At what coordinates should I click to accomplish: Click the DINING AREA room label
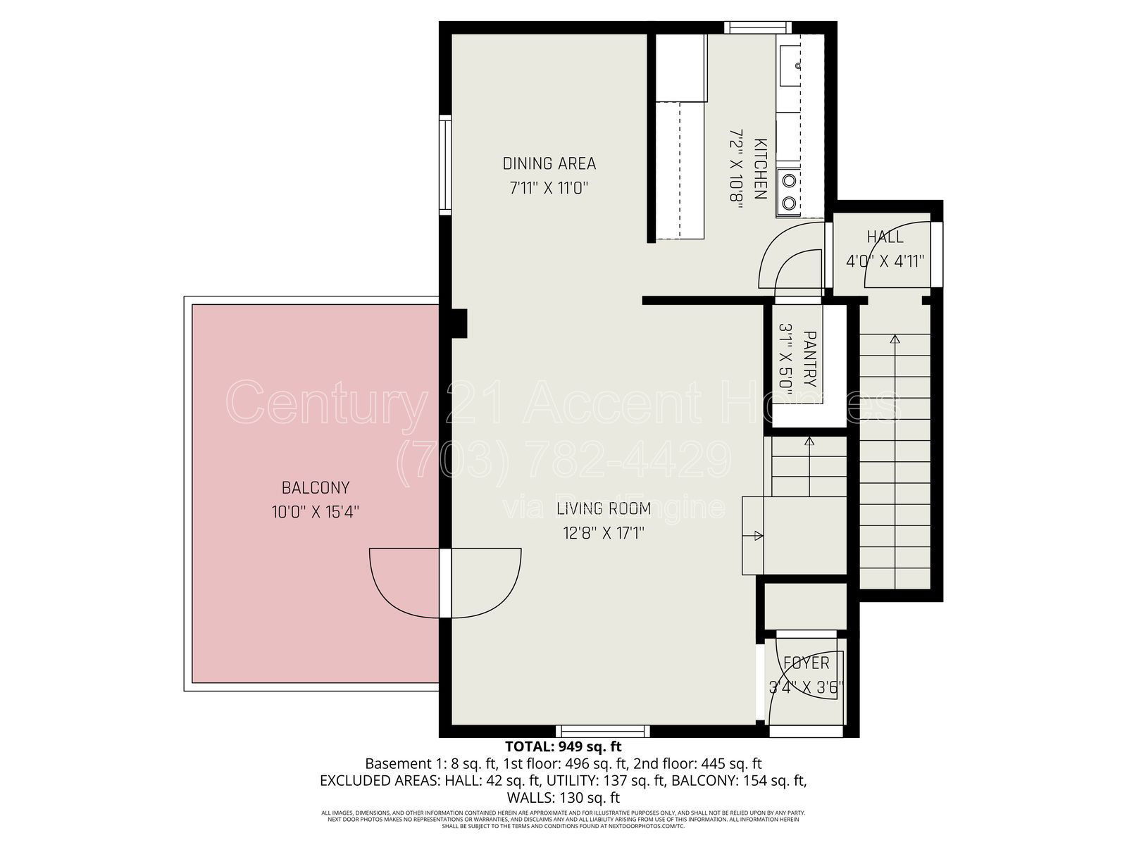[549, 164]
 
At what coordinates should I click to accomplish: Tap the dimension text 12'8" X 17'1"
[604, 533]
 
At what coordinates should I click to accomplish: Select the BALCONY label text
[316, 487]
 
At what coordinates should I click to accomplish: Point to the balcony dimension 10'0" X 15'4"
[316, 512]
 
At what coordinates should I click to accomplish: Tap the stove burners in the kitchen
[790, 192]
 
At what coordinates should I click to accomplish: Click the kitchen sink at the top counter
[790, 65]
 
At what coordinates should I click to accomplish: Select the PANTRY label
[809, 359]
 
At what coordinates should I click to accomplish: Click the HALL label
[885, 237]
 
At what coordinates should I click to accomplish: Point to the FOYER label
[807, 663]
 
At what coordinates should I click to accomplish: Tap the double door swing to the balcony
[445, 583]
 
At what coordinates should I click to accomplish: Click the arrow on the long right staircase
[895, 339]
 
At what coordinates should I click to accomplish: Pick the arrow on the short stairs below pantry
[809, 442]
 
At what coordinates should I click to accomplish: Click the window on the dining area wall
[444, 164]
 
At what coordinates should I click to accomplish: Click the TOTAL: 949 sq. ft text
[563, 746]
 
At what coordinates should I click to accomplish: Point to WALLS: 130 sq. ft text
[563, 798]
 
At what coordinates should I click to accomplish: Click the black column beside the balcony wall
[459, 323]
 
